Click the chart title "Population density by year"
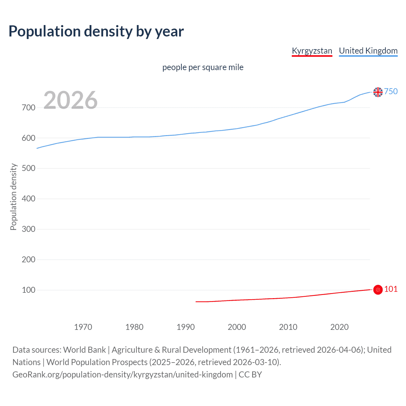pyautogui.click(x=96, y=31)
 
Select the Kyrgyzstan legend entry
pyautogui.click(x=312, y=51)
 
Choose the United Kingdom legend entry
pyautogui.click(x=368, y=51)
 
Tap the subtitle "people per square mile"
pyautogui.click(x=203, y=67)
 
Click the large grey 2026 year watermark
pyautogui.click(x=70, y=100)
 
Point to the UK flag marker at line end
pyautogui.click(x=378, y=92)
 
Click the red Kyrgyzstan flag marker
pyautogui.click(x=378, y=290)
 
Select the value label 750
pyautogui.click(x=391, y=91)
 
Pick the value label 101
pyautogui.click(x=391, y=289)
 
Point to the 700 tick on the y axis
pyautogui.click(x=29, y=108)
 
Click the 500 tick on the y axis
pyautogui.click(x=29, y=168)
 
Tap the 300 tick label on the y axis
pyautogui.click(x=29, y=229)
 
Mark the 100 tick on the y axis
pyautogui.click(x=29, y=290)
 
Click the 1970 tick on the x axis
pyautogui.click(x=83, y=327)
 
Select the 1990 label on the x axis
pyautogui.click(x=186, y=327)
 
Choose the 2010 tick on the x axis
pyautogui.click(x=288, y=327)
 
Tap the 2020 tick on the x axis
pyautogui.click(x=339, y=327)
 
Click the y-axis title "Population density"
pyautogui.click(x=13, y=197)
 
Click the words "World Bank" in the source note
pyautogui.click(x=84, y=350)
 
